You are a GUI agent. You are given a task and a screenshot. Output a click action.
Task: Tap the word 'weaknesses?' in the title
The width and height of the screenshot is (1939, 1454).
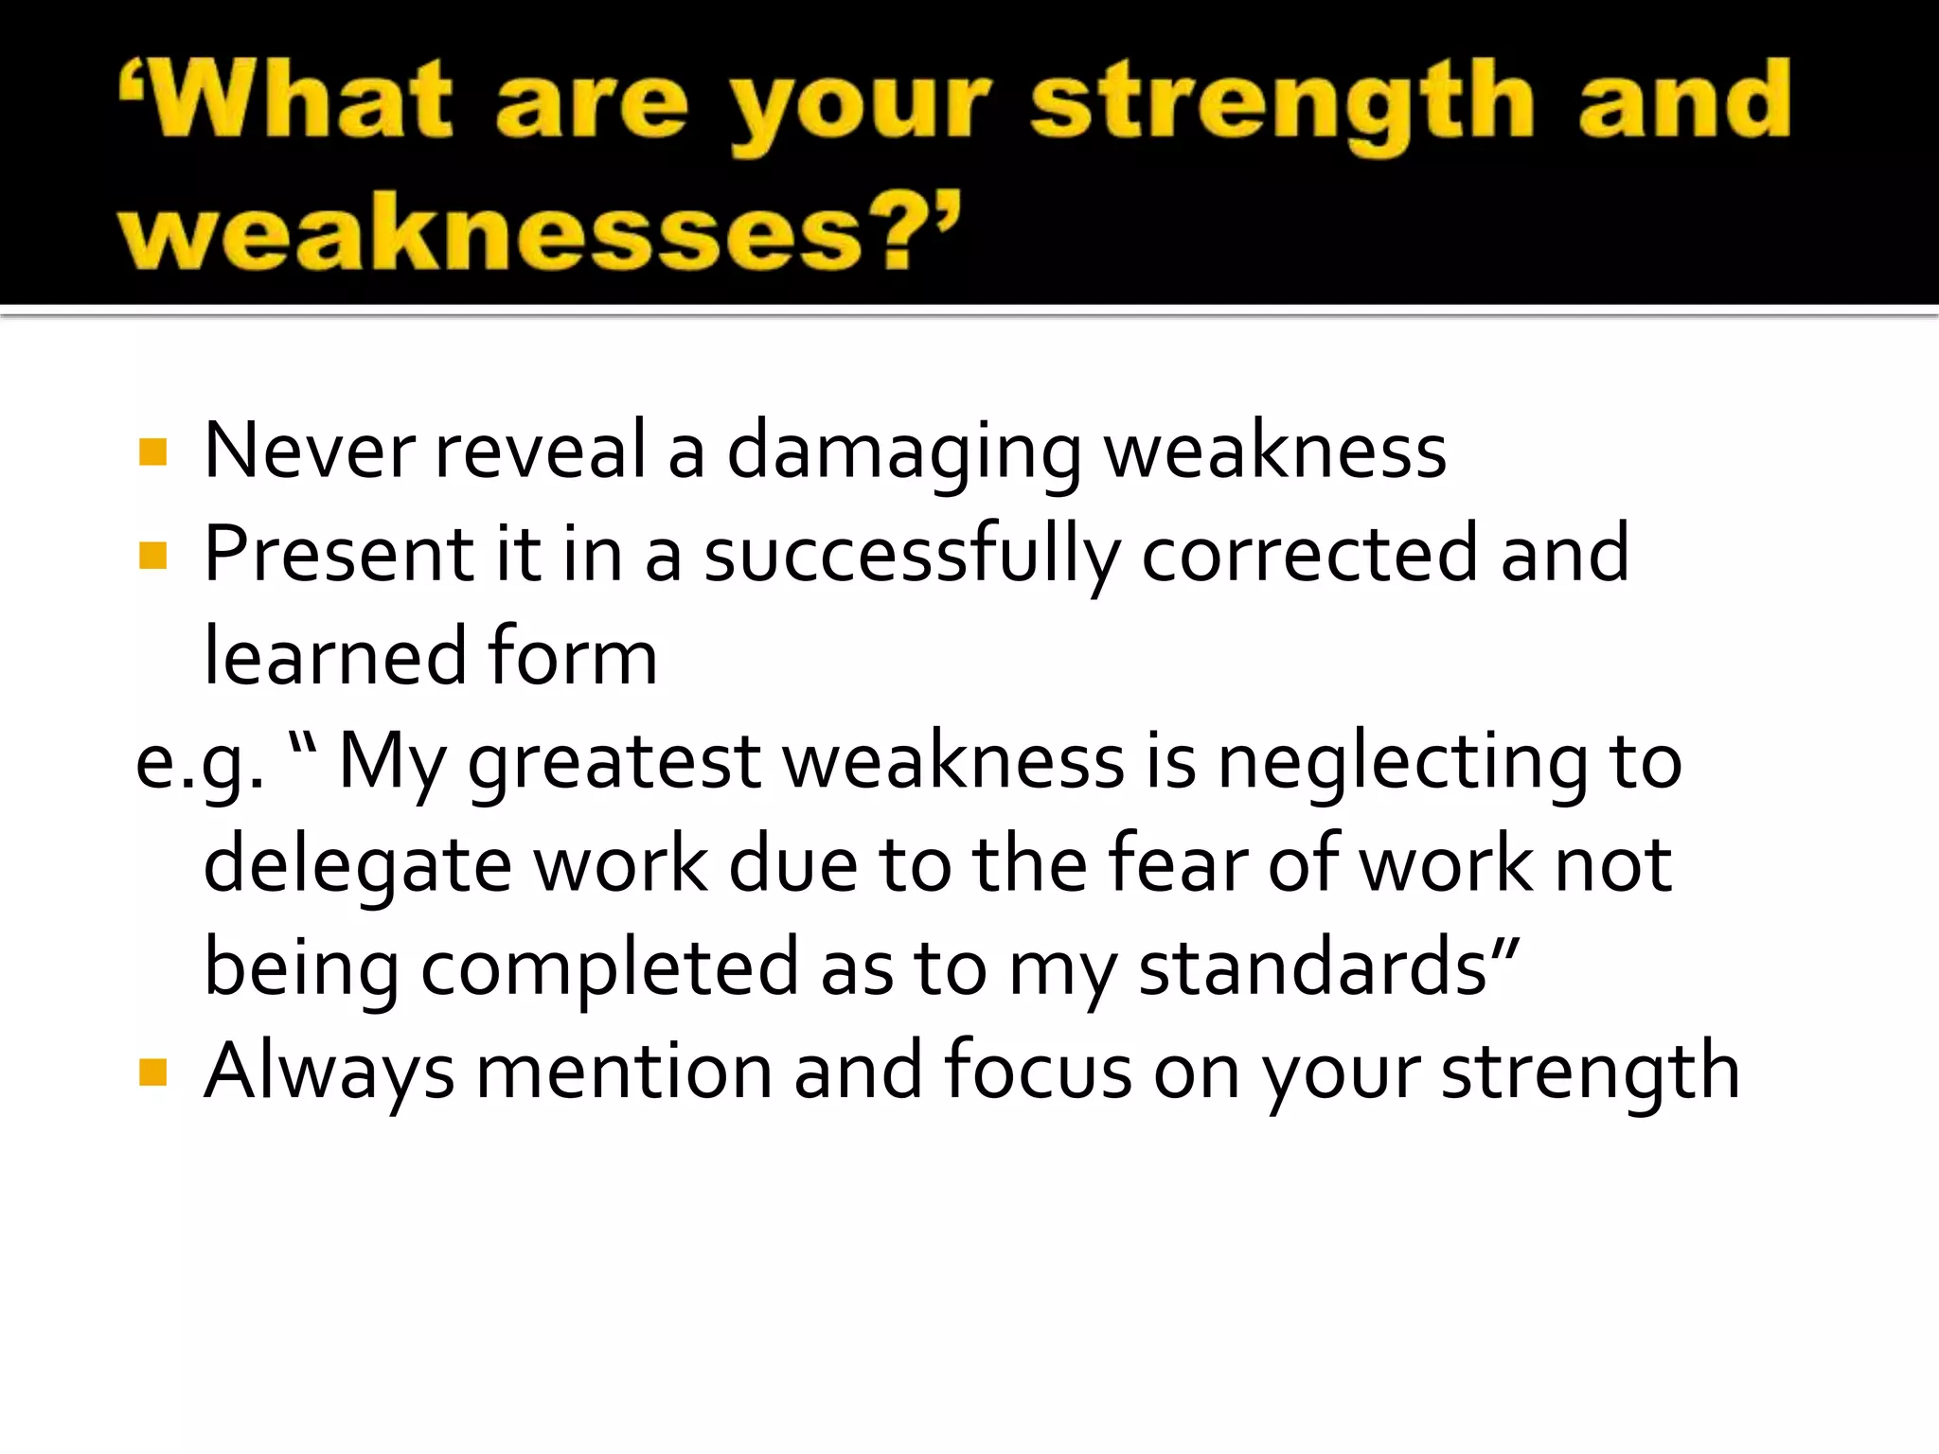535,232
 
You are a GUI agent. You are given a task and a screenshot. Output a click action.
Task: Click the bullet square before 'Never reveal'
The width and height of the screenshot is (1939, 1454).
152,452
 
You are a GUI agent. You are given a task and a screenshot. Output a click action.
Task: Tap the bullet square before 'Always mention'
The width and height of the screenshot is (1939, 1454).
152,1073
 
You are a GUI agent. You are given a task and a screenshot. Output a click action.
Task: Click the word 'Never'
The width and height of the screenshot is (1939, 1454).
309,450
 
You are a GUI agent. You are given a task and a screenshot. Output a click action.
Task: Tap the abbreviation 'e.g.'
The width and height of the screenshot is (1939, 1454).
200,763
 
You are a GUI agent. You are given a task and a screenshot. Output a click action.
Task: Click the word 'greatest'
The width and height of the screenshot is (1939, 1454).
614,763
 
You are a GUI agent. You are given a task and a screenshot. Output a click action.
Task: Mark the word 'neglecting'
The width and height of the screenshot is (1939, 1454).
1402,763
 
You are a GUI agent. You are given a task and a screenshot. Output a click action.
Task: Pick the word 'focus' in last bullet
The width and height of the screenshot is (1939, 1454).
1038,1071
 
